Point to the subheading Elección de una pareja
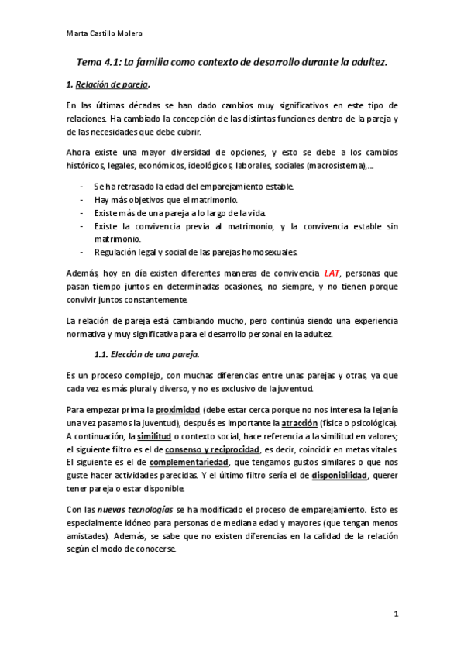[x=152, y=354]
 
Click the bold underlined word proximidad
[x=178, y=408]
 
